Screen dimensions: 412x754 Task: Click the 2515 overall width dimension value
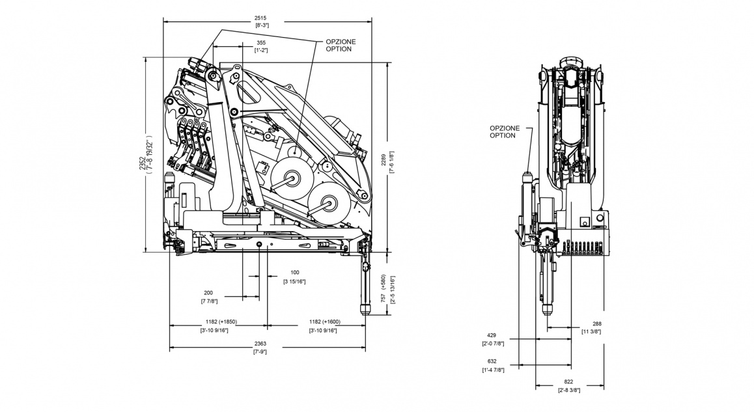(262, 18)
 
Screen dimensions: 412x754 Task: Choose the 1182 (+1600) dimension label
(324, 322)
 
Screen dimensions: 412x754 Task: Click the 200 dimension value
(208, 293)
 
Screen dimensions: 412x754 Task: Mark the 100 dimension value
(294, 272)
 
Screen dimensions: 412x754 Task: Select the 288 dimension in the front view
(597, 323)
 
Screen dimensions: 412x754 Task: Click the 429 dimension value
(490, 335)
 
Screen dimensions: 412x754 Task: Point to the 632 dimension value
(492, 361)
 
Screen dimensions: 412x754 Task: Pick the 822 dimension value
(568, 382)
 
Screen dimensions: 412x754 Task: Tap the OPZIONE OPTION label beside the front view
(505, 131)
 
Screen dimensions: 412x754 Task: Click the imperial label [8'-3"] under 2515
(262, 25)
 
